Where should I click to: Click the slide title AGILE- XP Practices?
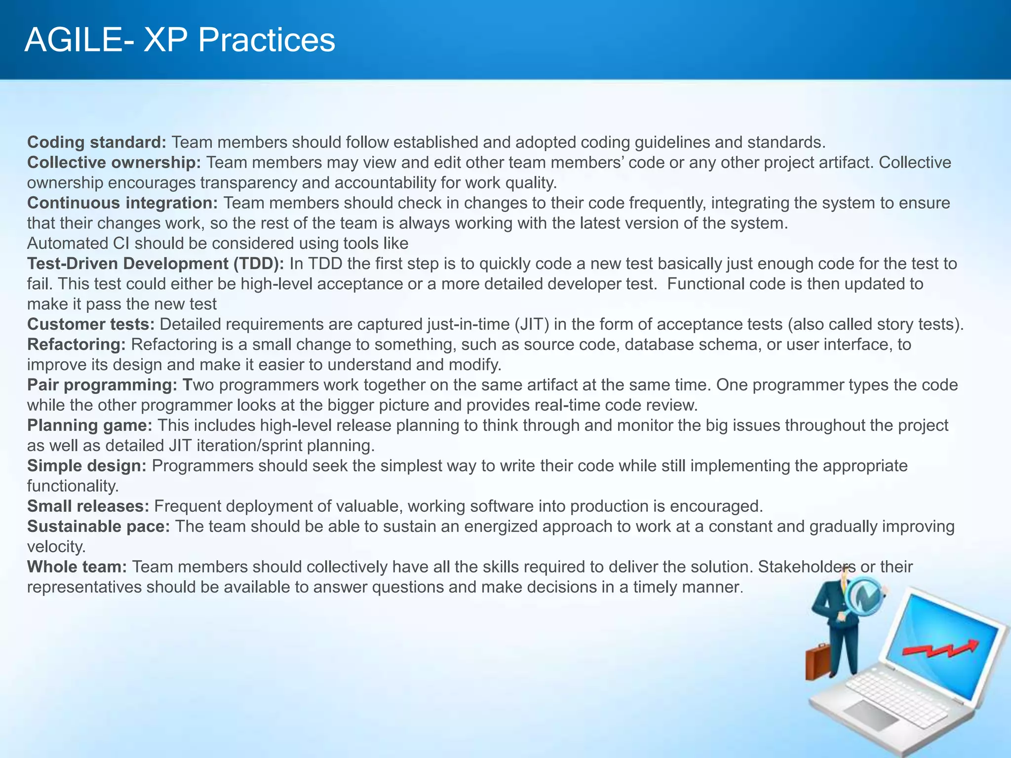pyautogui.click(x=180, y=40)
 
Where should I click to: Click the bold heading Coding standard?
pyautogui.click(x=97, y=142)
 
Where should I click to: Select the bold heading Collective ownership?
pyautogui.click(x=114, y=162)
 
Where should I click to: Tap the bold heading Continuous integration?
pyautogui.click(x=122, y=203)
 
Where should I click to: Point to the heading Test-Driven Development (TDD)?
pyautogui.click(x=156, y=264)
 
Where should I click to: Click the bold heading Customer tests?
pyautogui.click(x=91, y=324)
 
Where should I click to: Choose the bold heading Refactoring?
pyautogui.click(x=77, y=344)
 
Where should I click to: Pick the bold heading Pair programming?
pyautogui.click(x=102, y=385)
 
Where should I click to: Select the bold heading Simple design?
pyautogui.click(x=86, y=466)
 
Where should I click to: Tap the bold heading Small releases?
pyautogui.click(x=88, y=506)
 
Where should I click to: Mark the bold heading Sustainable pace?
pyautogui.click(x=98, y=527)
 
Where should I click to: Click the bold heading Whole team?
pyautogui.click(x=77, y=567)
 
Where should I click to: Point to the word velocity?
pyautogui.click(x=56, y=547)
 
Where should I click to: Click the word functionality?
pyautogui.click(x=73, y=486)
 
